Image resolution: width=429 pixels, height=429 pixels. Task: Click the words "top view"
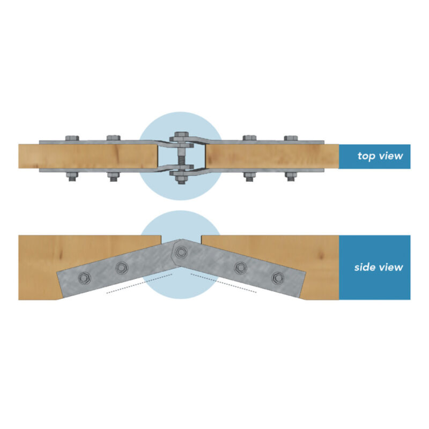point(380,156)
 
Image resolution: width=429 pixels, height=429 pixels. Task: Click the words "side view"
point(379,267)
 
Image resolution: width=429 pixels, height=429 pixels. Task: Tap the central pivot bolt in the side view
point(181,252)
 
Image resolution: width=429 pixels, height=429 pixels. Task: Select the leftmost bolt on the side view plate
point(85,278)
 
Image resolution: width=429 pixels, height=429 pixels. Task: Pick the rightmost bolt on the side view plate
point(278,278)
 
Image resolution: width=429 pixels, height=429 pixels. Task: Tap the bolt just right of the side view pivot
point(241,268)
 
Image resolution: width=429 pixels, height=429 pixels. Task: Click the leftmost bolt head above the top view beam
point(72,138)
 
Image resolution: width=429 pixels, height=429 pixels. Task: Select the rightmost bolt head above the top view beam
point(291,138)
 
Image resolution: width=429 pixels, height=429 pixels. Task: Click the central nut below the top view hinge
point(181,179)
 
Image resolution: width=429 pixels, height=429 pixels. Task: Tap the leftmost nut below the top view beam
point(72,176)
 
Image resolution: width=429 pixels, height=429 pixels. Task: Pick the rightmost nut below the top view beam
point(291,176)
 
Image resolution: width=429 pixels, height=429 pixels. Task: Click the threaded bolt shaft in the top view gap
point(181,158)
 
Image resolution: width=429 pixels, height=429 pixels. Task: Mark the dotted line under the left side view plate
point(139,284)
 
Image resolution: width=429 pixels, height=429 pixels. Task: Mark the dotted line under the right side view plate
point(224,283)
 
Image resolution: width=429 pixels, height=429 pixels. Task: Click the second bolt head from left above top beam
point(114,138)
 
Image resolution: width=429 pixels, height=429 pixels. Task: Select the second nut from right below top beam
point(249,176)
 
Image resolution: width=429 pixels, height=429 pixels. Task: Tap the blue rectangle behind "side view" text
point(374,267)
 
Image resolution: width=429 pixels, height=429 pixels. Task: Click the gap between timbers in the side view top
point(181,238)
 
